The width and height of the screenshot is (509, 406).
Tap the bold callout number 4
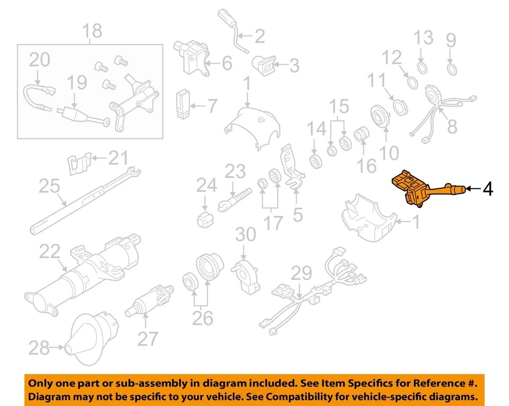487,189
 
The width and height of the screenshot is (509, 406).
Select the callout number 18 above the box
92,31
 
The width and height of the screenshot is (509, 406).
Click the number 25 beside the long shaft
49,187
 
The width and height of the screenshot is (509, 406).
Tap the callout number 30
245,234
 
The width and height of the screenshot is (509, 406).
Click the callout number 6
227,64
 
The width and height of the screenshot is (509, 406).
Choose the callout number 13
423,38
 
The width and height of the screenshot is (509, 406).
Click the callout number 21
119,157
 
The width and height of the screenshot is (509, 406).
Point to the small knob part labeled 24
205,218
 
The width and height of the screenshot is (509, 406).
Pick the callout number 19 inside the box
77,83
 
